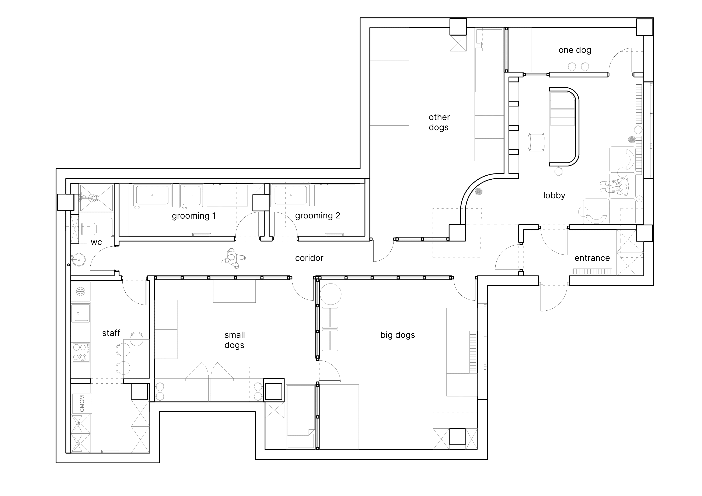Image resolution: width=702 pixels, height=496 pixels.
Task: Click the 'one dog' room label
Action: [x=575, y=50]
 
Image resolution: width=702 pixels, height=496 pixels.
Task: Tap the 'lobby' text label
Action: [x=554, y=196]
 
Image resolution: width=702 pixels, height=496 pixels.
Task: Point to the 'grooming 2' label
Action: [x=317, y=216]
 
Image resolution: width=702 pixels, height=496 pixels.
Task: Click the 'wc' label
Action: [x=96, y=243]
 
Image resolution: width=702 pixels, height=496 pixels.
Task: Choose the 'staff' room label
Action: [x=111, y=333]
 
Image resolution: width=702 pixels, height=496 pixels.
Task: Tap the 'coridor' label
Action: [x=309, y=258]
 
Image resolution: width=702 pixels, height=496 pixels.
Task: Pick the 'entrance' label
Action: [x=592, y=258]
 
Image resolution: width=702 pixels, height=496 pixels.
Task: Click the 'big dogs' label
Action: [x=398, y=335]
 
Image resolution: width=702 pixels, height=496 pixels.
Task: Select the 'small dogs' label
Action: [x=234, y=340]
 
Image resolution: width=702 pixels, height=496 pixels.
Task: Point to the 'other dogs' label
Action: [x=439, y=122]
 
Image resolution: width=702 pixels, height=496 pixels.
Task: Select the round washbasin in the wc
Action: [x=79, y=260]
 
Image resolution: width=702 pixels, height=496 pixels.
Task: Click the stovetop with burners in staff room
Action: [x=81, y=352]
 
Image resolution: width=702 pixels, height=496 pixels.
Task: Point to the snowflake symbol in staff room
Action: [x=80, y=292]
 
